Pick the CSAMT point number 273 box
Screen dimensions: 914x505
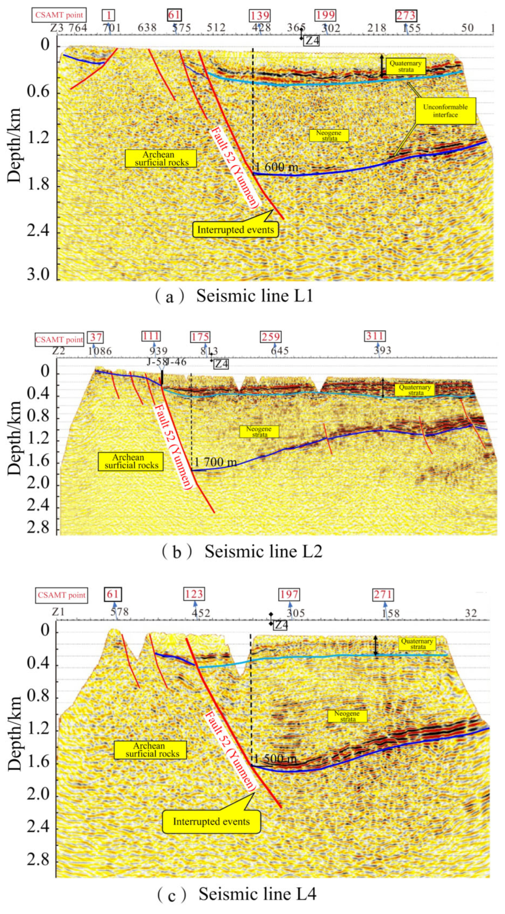point(406,16)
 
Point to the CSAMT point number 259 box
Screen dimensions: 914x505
point(271,337)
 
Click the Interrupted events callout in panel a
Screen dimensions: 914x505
point(235,229)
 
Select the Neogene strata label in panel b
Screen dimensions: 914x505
point(259,431)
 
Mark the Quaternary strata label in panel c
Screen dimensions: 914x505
point(417,644)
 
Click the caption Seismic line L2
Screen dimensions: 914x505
point(263,552)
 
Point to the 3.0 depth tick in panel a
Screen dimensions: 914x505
point(38,275)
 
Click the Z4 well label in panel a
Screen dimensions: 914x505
point(312,41)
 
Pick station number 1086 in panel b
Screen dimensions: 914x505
point(100,351)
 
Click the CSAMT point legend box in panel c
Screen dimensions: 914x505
point(61,595)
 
